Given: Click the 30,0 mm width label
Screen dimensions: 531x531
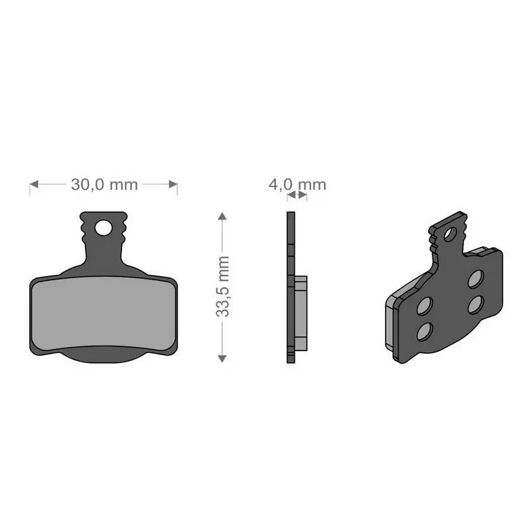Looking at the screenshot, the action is [x=104, y=185].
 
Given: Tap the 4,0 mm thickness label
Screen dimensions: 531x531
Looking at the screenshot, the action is [x=297, y=185].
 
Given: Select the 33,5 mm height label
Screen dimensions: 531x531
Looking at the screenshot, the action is [x=222, y=287].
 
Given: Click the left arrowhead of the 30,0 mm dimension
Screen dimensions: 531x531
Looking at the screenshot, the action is [x=34, y=185].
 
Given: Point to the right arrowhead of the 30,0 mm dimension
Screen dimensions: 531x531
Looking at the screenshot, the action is [x=173, y=185].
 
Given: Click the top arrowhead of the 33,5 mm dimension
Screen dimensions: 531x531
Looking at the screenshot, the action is [x=222, y=216].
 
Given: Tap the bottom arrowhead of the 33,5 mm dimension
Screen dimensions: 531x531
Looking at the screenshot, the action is [x=222, y=358].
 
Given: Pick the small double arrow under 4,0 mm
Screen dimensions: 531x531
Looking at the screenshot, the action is [x=297, y=194].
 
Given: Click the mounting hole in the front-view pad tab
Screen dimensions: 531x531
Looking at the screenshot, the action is [x=104, y=228].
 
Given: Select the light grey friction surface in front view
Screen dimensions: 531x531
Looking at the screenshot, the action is [x=104, y=313].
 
